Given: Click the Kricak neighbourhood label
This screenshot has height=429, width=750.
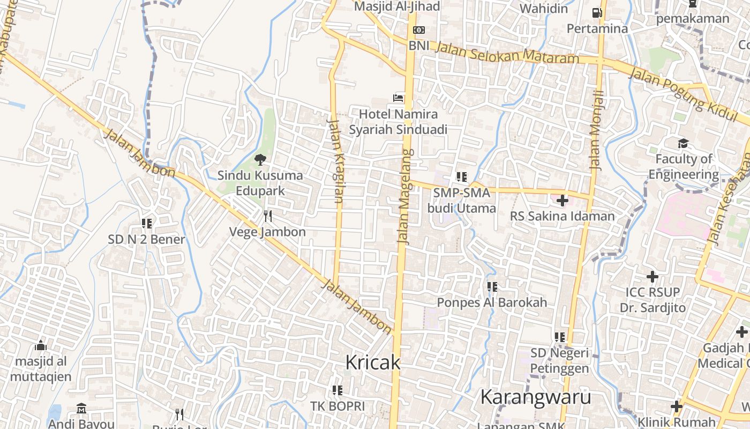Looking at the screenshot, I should point(372,363).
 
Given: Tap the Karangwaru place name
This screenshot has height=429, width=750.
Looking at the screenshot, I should point(536,397).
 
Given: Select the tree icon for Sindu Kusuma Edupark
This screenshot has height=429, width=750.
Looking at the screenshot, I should point(260,159).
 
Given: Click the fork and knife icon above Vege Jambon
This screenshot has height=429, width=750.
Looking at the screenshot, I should point(268,216).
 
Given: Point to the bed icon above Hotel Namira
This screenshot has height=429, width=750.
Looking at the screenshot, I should point(398,98).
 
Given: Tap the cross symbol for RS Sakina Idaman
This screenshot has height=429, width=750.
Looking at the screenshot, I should point(562,201).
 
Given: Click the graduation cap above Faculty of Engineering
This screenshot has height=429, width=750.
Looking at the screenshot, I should point(683,143).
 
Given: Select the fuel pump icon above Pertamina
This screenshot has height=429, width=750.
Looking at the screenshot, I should point(597,12).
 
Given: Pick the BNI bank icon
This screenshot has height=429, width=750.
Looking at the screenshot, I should point(419,30).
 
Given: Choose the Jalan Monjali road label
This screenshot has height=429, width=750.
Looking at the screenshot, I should point(596,130).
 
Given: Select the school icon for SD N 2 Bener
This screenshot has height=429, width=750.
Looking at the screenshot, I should point(146,223).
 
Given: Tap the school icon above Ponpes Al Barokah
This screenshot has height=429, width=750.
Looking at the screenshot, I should point(492,287).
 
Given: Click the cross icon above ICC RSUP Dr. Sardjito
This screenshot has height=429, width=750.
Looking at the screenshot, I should point(652,277).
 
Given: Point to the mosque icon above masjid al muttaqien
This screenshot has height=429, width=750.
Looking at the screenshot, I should point(41,345).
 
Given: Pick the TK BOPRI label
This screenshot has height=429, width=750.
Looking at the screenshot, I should point(337,406).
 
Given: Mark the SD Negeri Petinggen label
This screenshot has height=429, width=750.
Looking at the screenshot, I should point(559,360).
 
